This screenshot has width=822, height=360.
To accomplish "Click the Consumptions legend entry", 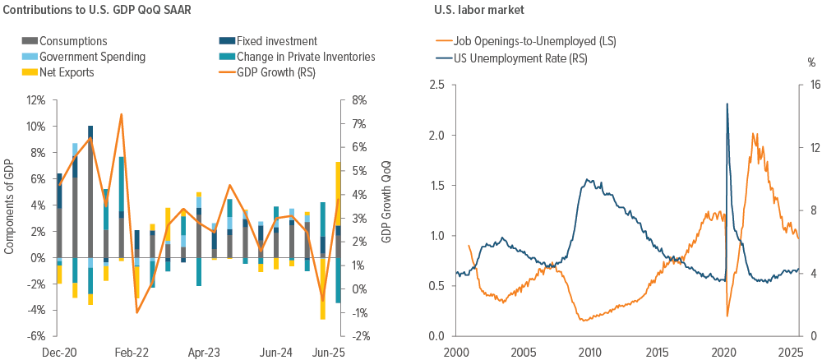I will pyautogui.click(x=72, y=41).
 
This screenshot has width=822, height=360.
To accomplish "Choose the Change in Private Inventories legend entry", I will pyautogui.click(x=306, y=57).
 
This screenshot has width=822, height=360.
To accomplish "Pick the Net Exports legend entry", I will pyautogui.click(x=67, y=72).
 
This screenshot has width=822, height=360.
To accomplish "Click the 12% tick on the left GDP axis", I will pyautogui.click(x=37, y=100).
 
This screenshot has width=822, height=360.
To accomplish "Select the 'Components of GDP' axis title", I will pyautogui.click(x=11, y=218).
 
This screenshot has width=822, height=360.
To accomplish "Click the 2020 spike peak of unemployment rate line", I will pyautogui.click(x=727, y=104).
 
